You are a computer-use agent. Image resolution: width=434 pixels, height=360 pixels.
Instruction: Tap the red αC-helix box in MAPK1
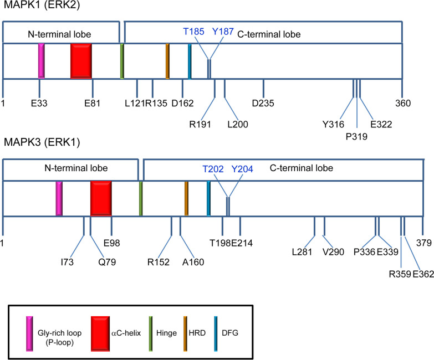[x=81, y=61]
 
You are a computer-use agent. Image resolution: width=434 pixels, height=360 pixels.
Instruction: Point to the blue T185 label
[x=194, y=32]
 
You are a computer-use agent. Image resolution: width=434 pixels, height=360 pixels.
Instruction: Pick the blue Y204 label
[x=242, y=168]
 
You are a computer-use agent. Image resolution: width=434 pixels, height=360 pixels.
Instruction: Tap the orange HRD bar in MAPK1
[x=167, y=61]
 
